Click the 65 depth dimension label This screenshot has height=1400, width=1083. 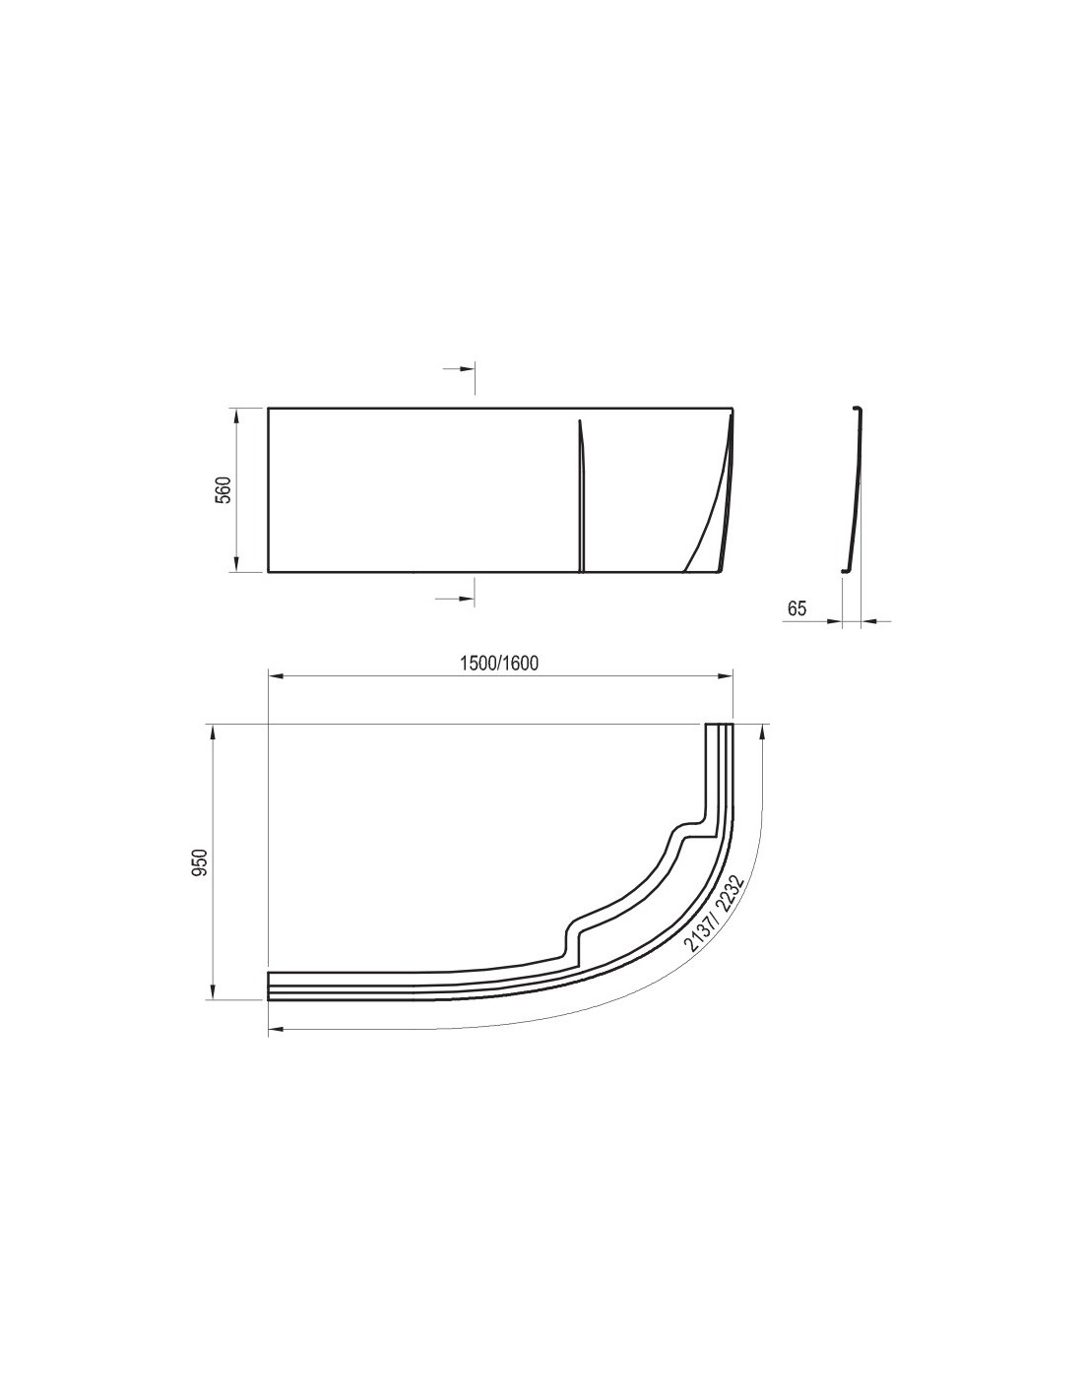(x=796, y=608)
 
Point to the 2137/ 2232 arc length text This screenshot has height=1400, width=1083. (x=715, y=913)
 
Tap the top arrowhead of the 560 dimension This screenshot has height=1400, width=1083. (x=237, y=415)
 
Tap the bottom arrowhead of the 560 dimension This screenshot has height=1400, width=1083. (x=237, y=564)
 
